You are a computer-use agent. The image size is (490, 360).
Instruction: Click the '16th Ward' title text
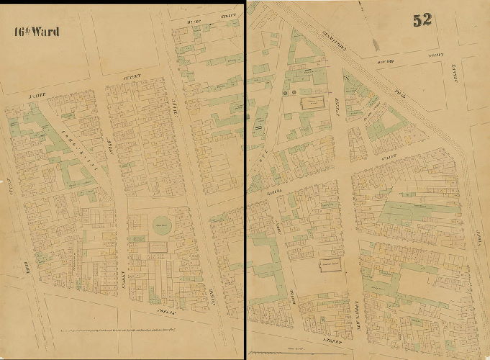pos(36,32)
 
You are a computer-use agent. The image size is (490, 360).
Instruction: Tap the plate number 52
pos(422,19)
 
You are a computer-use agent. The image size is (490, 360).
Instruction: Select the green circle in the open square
pos(163,224)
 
